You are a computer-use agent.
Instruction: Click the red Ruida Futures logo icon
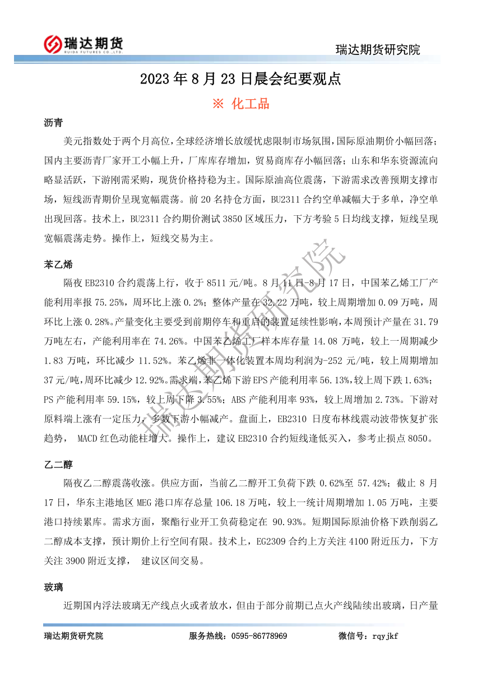54,43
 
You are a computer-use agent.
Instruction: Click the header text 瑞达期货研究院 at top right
377,49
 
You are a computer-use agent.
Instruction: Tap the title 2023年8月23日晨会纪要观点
240,79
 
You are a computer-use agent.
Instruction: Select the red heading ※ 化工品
241,104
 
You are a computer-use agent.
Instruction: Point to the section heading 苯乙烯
58,264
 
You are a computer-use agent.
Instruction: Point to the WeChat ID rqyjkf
384,636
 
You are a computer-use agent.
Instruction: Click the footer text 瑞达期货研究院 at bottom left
73,636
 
